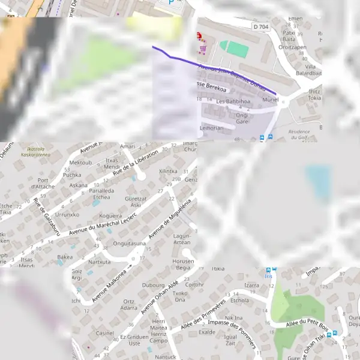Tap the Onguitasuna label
[x=130, y=244]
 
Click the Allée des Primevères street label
[x=203, y=314]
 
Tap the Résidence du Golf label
[x=299, y=134]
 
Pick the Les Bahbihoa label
[x=233, y=101]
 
